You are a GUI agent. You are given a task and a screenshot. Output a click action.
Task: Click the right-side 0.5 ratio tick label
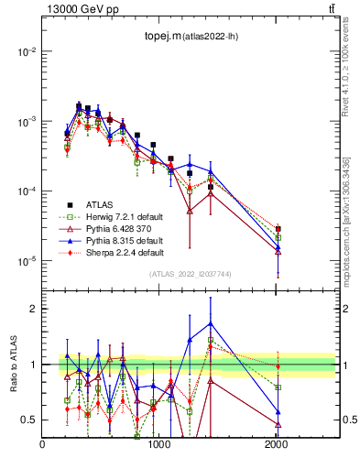348,420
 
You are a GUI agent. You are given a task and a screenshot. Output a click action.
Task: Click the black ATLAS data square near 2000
278,229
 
